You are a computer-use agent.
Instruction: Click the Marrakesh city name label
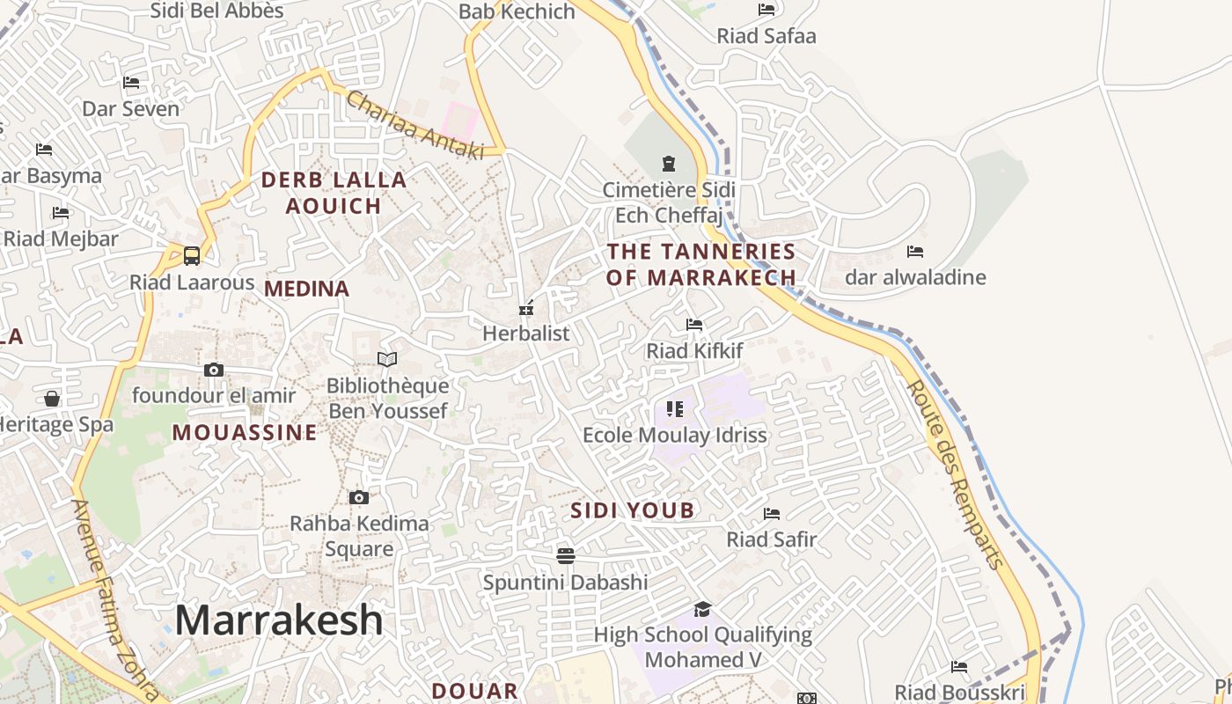point(279,620)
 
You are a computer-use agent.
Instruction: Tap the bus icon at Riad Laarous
point(191,256)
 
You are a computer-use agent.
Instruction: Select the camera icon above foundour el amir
point(214,370)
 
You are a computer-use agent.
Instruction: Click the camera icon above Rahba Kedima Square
point(358,498)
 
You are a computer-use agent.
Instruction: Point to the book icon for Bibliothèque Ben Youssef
point(387,359)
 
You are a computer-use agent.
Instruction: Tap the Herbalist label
point(526,334)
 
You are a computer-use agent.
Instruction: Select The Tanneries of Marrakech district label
point(701,264)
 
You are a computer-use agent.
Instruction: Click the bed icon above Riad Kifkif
point(694,325)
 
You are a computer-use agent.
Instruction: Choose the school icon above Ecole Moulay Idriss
point(675,408)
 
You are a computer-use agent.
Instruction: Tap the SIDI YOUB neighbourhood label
point(632,510)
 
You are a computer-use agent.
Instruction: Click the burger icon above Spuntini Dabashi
point(565,555)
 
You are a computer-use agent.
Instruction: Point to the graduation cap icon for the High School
point(702,609)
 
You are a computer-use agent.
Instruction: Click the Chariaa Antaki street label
point(414,126)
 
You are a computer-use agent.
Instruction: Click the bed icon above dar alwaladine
point(915,252)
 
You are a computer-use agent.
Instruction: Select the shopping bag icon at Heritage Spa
point(52,399)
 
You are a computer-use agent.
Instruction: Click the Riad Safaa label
point(766,36)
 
